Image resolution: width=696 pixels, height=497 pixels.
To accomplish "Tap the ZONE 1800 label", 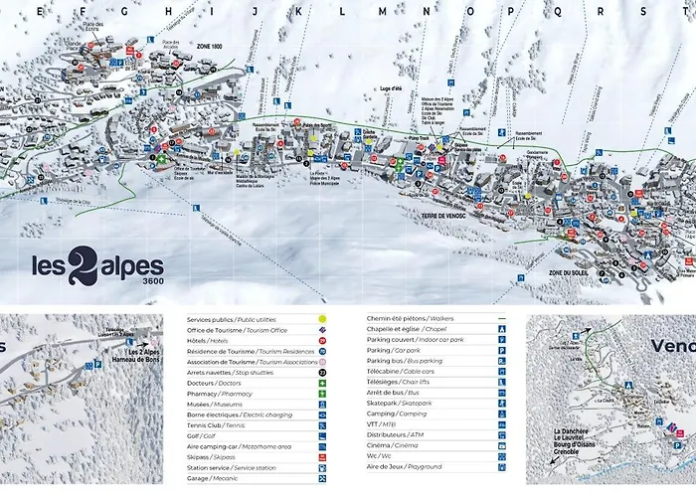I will [210, 46].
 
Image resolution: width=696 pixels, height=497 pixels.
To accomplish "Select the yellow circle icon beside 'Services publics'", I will [323, 319].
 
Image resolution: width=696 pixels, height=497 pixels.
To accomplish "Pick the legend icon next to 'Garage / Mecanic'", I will [323, 477].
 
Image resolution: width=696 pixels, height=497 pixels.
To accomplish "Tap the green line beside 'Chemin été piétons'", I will [502, 319].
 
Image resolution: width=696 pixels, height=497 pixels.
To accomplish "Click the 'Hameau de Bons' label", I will [140, 360].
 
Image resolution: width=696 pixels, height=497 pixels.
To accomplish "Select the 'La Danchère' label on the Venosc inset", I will [572, 432].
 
